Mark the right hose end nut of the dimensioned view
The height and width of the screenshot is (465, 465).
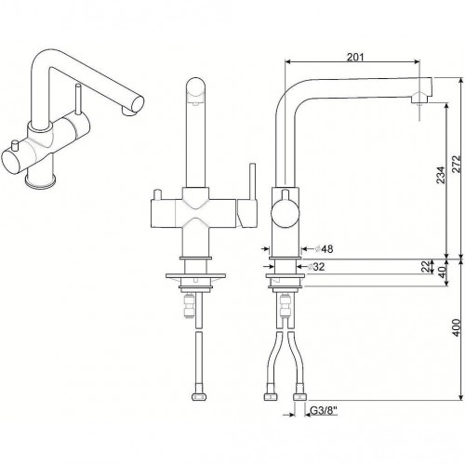(300, 399)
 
